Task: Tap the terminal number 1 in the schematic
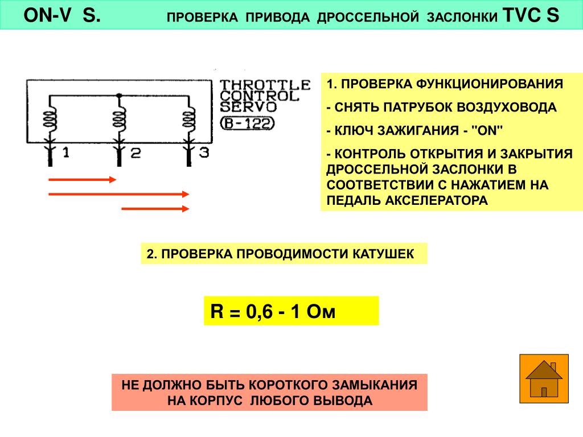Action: (x=66, y=152)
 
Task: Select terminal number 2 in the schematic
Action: (x=135, y=152)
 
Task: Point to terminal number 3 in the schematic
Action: (x=204, y=152)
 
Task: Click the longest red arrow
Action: (x=118, y=194)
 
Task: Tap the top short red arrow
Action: (x=82, y=180)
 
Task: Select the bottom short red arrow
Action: (x=155, y=209)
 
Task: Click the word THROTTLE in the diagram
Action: (x=265, y=85)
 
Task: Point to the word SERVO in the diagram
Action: (x=248, y=106)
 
